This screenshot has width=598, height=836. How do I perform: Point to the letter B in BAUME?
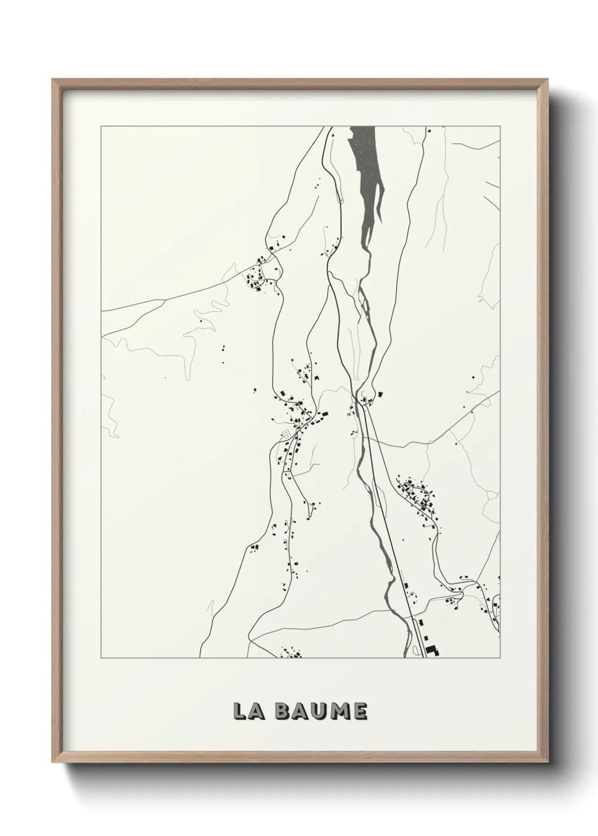point(284,711)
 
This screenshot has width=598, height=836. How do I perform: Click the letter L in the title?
point(240,711)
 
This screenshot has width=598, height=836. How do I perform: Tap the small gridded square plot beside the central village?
point(287,434)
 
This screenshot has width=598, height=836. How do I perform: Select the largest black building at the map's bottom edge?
point(432,650)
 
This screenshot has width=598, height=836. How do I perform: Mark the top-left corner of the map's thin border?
point(101,127)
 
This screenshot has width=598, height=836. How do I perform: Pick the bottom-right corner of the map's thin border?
point(500,658)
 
